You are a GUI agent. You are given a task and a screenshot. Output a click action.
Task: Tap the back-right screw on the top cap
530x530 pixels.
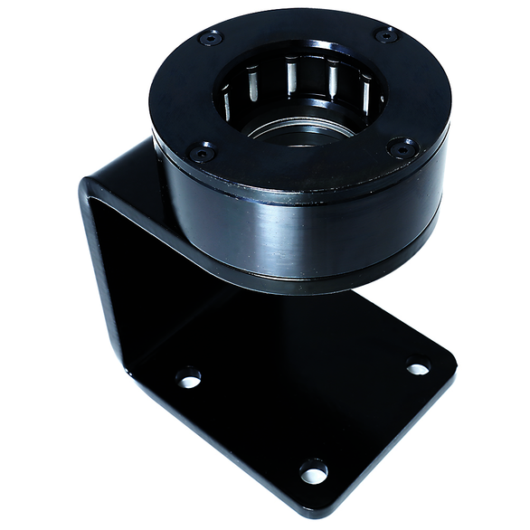click(x=385, y=35)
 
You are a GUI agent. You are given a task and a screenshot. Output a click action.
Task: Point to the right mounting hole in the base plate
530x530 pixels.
click(x=417, y=368)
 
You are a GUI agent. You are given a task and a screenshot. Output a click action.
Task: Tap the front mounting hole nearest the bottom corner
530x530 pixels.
click(x=313, y=471)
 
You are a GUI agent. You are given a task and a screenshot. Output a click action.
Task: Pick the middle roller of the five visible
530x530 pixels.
click(x=290, y=75)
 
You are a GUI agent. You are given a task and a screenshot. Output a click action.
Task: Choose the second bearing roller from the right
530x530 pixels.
click(x=333, y=80)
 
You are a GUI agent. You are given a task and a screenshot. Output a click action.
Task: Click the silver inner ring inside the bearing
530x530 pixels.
click(x=298, y=132)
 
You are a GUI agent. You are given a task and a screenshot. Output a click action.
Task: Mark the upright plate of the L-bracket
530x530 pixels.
click(x=127, y=262)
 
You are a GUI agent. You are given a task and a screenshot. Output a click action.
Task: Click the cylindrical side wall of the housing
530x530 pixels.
click(x=298, y=226)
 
